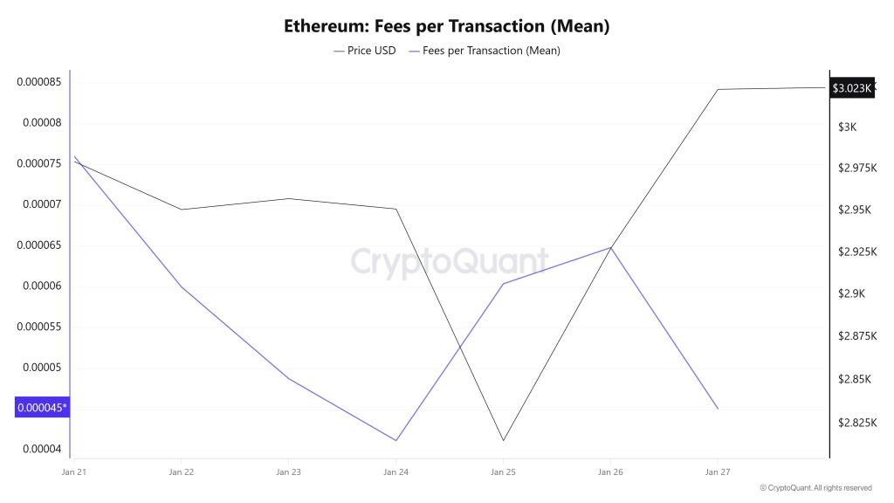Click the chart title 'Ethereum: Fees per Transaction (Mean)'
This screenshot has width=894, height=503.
(x=446, y=25)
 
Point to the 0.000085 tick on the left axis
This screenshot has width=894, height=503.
(x=39, y=82)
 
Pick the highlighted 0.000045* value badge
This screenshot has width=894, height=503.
(x=41, y=408)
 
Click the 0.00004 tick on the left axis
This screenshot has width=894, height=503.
(x=42, y=449)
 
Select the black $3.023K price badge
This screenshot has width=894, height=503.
(x=851, y=88)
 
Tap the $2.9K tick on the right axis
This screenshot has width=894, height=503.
(x=851, y=294)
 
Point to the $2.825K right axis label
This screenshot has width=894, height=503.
(x=856, y=424)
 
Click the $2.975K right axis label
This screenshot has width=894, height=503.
(x=856, y=168)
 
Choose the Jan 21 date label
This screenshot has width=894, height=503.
(x=73, y=472)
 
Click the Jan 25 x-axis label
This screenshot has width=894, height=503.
(x=503, y=472)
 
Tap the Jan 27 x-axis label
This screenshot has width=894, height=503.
(x=718, y=472)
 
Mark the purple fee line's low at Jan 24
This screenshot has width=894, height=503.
(x=395, y=440)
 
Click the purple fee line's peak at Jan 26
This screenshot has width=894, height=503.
(x=610, y=247)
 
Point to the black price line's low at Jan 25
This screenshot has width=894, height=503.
(x=503, y=440)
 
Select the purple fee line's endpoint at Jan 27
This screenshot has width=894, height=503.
(x=718, y=408)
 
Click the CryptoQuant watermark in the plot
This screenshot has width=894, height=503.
(x=450, y=261)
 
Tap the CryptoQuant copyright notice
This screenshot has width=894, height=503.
(x=815, y=488)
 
